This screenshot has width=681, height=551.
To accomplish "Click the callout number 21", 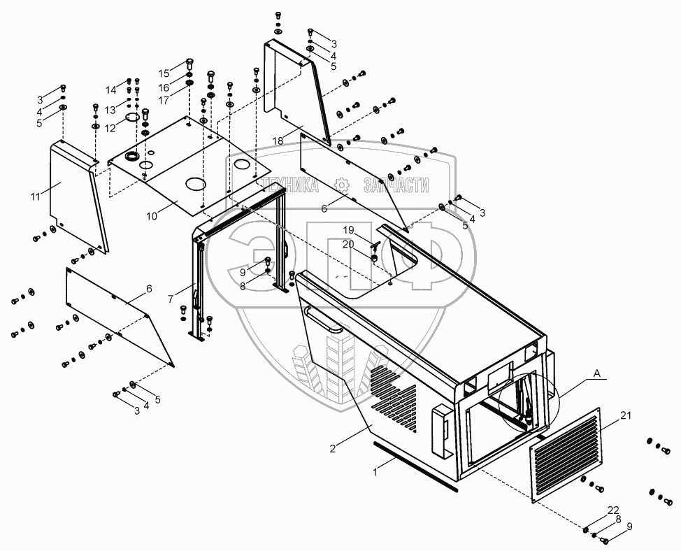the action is [625, 416].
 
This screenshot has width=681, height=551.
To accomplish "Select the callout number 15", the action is [163, 73].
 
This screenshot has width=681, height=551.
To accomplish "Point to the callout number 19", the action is [347, 230].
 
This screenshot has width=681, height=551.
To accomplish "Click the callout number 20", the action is [347, 243].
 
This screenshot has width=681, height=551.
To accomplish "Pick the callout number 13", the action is [110, 110].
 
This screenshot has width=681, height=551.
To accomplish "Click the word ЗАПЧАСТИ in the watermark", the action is [396, 185].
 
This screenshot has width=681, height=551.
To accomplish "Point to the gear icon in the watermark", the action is [342, 185].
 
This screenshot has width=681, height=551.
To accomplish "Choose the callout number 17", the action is [163, 100].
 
